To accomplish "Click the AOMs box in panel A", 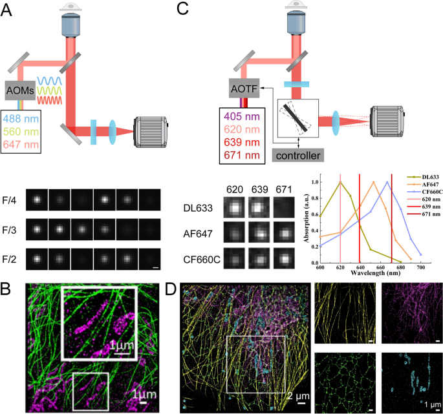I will click(x=22, y=90).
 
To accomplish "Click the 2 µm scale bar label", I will click(x=295, y=395).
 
